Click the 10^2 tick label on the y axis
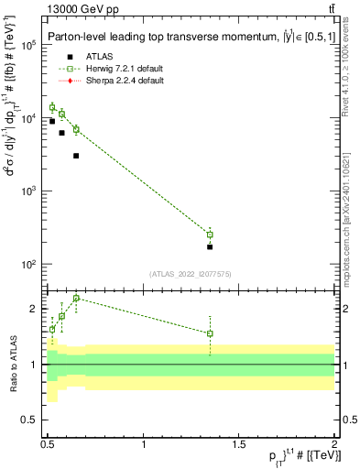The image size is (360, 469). [x=28, y=265]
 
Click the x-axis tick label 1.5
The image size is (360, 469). [x=239, y=444]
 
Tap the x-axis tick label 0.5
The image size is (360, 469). [x=48, y=444]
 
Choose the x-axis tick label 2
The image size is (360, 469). [x=334, y=444]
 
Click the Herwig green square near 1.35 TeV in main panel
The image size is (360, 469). [x=210, y=234]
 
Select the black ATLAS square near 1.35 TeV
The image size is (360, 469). [x=210, y=246]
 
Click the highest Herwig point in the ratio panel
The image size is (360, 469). [x=76, y=298]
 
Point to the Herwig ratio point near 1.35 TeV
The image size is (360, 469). [x=210, y=333]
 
